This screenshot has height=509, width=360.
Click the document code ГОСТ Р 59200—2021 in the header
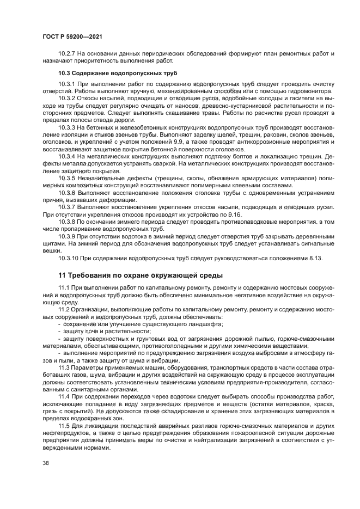point(72,36)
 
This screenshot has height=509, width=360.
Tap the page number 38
point(46,462)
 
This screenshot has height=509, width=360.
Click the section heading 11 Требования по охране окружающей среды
point(141,274)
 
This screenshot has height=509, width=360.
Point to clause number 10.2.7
point(68,54)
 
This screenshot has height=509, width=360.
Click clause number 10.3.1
point(68,84)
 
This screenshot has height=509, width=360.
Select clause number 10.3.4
point(68,156)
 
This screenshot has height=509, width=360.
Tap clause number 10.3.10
point(70,258)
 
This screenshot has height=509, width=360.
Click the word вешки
point(52,251)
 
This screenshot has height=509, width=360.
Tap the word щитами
point(53,243)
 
